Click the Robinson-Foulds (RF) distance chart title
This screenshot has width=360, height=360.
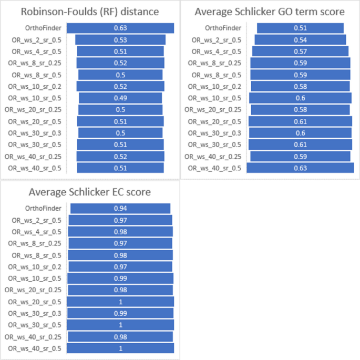click(x=89, y=11)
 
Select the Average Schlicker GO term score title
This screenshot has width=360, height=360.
click(x=270, y=11)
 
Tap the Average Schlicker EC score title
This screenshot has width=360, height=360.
click(x=90, y=192)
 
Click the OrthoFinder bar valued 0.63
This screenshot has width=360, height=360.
click(x=120, y=28)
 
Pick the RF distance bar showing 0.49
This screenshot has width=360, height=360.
click(x=120, y=98)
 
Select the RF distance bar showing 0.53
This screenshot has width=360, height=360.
click(x=120, y=40)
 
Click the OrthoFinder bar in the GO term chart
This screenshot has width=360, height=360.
click(x=300, y=28)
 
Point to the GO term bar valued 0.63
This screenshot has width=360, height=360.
click(x=300, y=168)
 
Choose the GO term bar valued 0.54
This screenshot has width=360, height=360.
click(x=300, y=40)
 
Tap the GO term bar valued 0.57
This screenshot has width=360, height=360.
click(x=300, y=52)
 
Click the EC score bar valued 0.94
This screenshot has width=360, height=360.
click(x=120, y=209)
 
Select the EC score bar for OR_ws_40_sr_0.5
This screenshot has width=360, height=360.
click(x=120, y=348)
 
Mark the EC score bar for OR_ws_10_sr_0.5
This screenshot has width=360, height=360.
click(x=120, y=279)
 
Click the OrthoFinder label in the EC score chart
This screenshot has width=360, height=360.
click(x=46, y=209)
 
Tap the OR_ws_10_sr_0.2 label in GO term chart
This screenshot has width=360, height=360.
click(x=217, y=87)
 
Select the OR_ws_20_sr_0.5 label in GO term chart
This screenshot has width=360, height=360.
click(x=217, y=121)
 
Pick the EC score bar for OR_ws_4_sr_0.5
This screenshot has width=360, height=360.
click(x=120, y=232)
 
